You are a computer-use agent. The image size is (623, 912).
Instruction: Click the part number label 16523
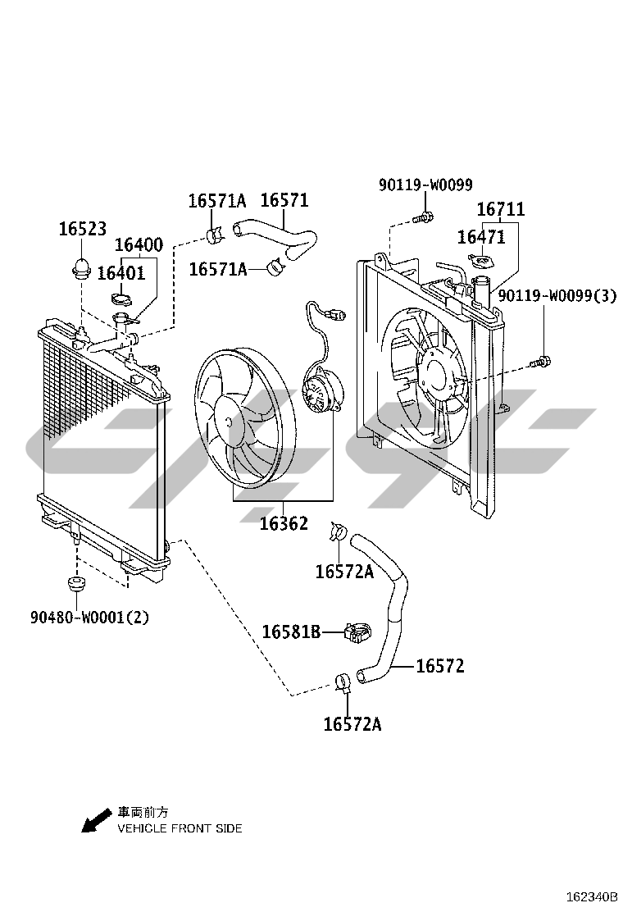tap(83, 229)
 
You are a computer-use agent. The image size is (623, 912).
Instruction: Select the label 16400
tap(139, 244)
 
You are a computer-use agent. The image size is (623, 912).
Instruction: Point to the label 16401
tap(121, 273)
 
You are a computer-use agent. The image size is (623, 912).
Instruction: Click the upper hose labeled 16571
tap(278, 239)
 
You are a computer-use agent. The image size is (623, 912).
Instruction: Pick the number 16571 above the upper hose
tap(284, 200)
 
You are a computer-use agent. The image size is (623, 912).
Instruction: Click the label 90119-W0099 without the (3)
tap(426, 185)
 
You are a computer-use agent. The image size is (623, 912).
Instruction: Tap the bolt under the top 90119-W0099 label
tap(423, 218)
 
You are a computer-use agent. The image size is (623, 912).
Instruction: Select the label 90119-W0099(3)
tap(557, 296)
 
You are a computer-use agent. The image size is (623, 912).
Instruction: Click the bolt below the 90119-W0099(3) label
tap(541, 362)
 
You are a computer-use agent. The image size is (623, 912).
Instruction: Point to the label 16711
tap(501, 209)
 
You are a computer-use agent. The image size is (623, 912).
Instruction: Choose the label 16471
tap(481, 237)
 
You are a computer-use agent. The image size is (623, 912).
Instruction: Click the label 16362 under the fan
tap(284, 523)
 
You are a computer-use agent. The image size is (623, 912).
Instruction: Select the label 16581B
tap(291, 632)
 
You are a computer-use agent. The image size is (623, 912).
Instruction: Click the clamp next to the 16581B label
tap(358, 632)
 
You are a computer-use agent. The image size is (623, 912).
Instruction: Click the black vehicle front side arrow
tap(96, 820)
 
